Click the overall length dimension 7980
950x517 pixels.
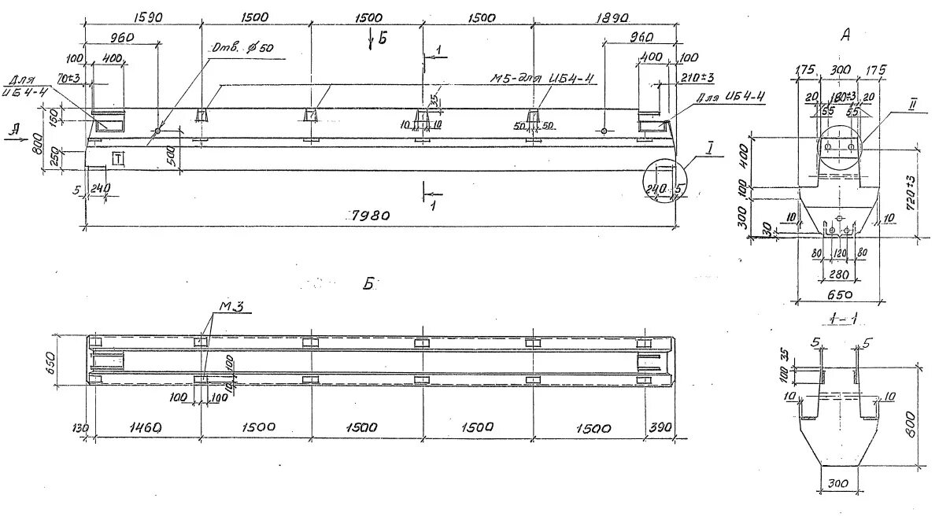[371, 215]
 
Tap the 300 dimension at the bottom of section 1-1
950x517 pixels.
[840, 485]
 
